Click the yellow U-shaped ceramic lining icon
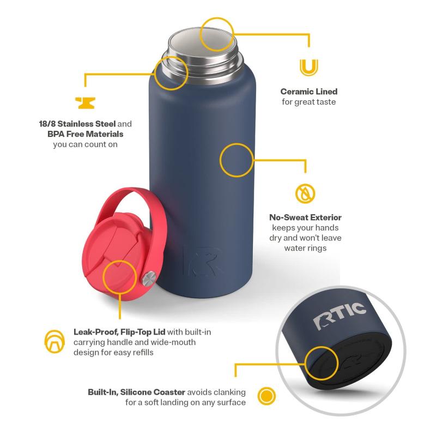(308, 67)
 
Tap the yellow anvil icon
(85, 103)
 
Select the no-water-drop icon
(305, 193)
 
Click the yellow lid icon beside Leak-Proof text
(55, 342)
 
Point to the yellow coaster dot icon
(267, 396)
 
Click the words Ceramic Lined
(308, 92)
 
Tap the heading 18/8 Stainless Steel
(77, 124)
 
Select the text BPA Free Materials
(86, 134)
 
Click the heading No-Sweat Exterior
(305, 217)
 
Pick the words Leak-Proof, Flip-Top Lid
(119, 332)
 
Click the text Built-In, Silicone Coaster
(137, 392)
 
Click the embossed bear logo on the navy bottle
(203, 261)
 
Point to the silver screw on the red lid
(149, 278)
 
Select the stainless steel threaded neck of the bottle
(202, 61)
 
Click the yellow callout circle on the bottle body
(237, 160)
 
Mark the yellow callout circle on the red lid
(119, 277)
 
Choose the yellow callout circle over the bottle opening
(216, 34)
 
